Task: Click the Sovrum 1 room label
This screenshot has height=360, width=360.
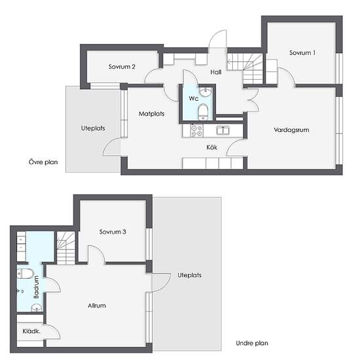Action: pos(302,53)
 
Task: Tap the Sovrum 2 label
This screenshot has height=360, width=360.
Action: pos(122,67)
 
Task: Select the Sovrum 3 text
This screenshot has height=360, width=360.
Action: pos(113,232)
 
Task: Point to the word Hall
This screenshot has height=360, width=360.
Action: pos(216,72)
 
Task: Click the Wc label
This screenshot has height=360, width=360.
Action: pos(194,98)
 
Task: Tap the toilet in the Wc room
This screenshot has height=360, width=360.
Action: pos(203,112)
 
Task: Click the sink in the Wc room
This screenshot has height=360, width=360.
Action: pos(206,92)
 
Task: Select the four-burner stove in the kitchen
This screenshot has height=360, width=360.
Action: pos(197,130)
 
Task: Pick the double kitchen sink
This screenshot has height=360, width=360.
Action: pos(223,130)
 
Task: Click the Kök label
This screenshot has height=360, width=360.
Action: pos(211,147)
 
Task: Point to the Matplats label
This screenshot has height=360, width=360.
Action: pos(152,114)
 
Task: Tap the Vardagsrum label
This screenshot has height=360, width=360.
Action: pos(291,130)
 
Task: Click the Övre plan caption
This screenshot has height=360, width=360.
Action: pos(43,162)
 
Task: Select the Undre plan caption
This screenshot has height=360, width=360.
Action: pos(252,343)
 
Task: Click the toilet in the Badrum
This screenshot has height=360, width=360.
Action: pos(26,274)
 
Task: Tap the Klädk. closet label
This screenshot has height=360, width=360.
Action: pos(31,331)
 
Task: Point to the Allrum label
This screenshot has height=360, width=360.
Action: pos(97,306)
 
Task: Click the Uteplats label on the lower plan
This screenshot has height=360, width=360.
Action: pos(190,276)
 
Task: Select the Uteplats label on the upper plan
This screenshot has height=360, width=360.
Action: pos(93,128)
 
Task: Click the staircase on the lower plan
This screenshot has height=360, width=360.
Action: pos(66,248)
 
